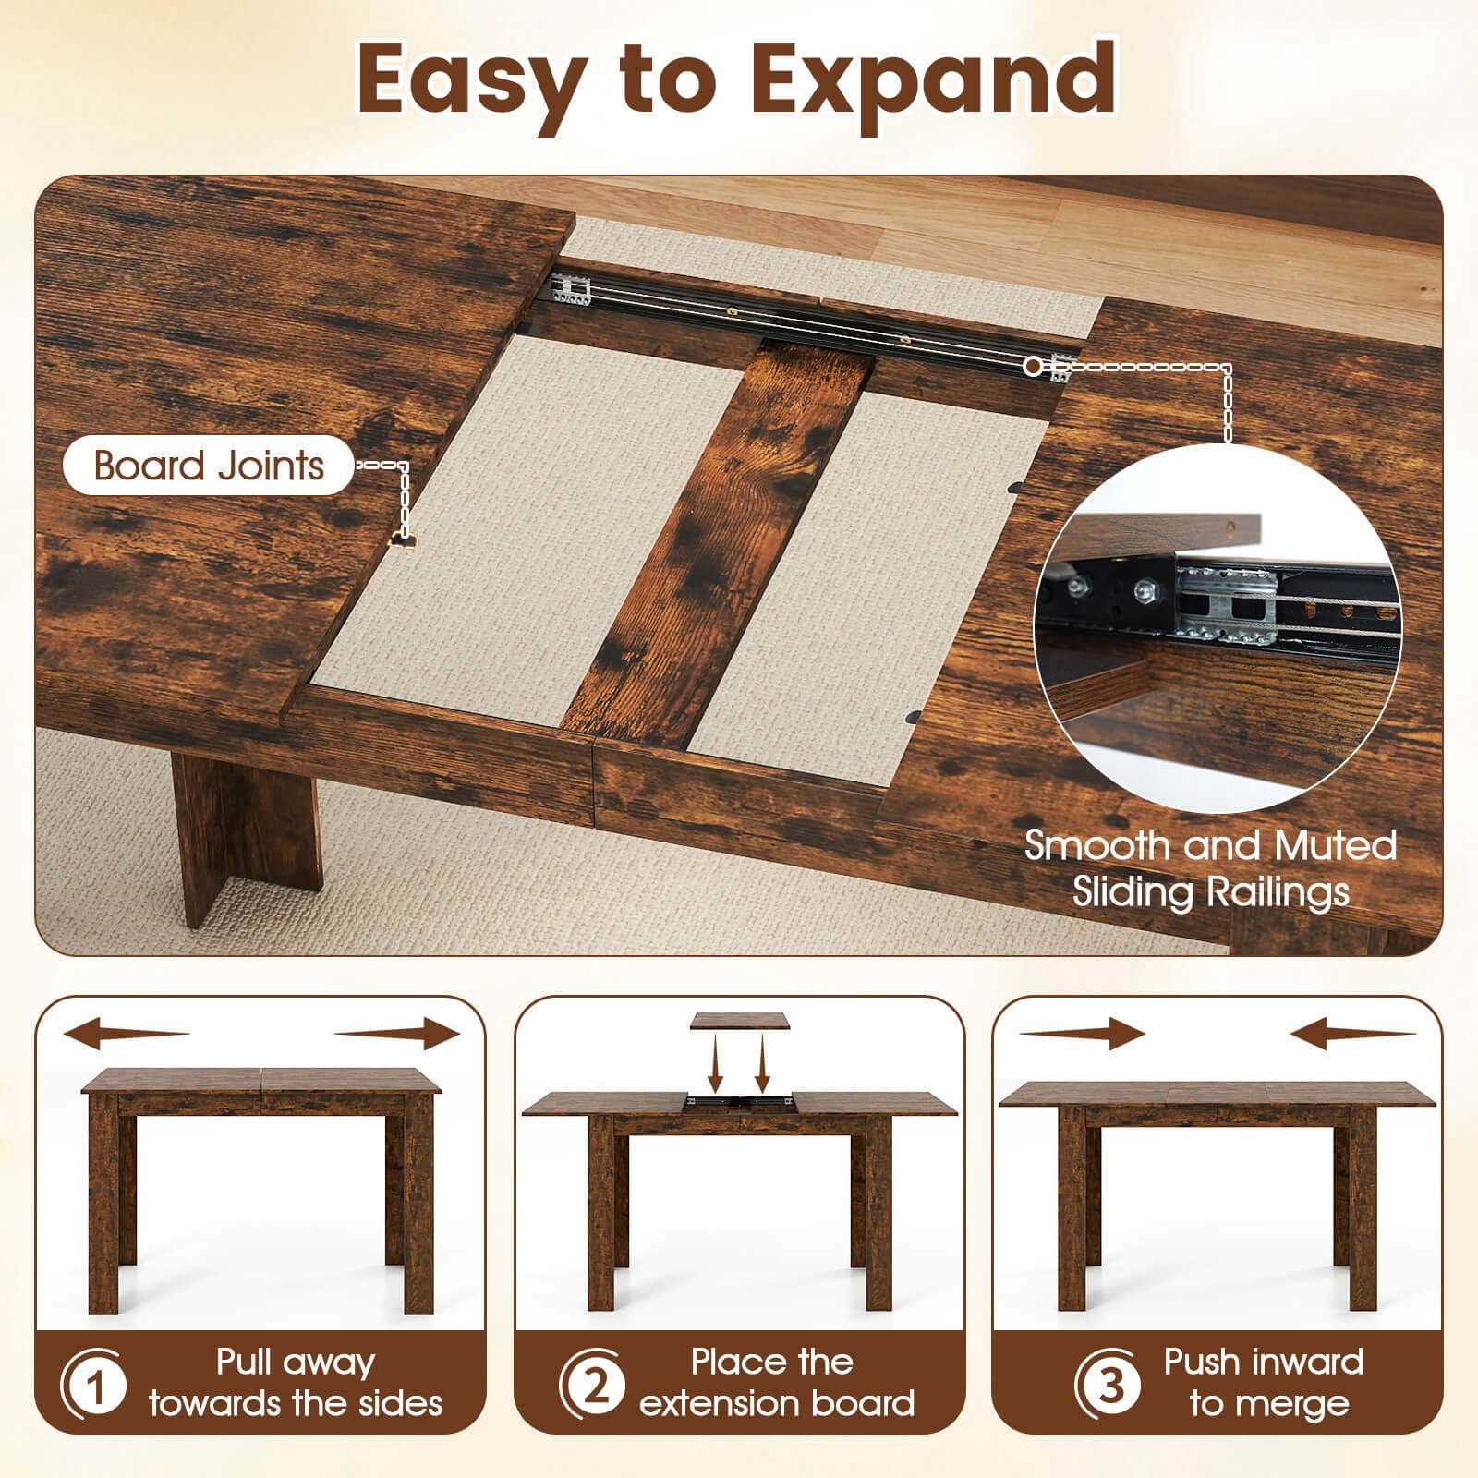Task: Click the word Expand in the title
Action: (x=933, y=81)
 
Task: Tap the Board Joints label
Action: (x=209, y=466)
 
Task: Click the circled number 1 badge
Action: (x=93, y=1383)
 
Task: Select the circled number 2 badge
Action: (x=591, y=1383)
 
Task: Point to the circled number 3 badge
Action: (x=1108, y=1383)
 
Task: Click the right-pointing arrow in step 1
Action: (x=397, y=1033)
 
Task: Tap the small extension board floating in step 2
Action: (x=740, y=1021)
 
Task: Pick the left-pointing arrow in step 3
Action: (x=1353, y=1034)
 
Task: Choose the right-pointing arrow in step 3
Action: (x=1083, y=1034)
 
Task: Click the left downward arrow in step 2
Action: (x=715, y=1062)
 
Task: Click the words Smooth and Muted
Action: (x=1210, y=845)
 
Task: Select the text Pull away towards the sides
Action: (x=296, y=1383)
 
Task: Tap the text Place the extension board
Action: (x=776, y=1383)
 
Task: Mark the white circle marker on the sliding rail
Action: (x=1033, y=367)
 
